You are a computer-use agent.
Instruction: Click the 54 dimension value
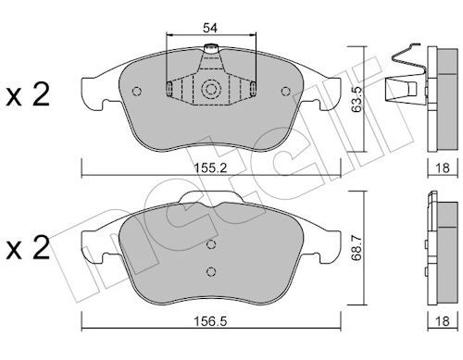[x=210, y=28]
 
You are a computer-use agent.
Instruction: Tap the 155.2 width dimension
[x=210, y=168]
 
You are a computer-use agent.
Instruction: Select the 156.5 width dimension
[x=210, y=321]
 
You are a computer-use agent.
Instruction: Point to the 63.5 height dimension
[x=357, y=99]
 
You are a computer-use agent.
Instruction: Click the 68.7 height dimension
[x=357, y=248]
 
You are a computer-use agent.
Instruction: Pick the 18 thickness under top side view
[x=443, y=168]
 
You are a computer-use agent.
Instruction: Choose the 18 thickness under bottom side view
[x=443, y=321]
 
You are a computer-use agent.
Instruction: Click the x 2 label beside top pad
[x=28, y=95]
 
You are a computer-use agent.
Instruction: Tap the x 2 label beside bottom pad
[x=28, y=248]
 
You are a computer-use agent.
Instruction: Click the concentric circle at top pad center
[x=211, y=90]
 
